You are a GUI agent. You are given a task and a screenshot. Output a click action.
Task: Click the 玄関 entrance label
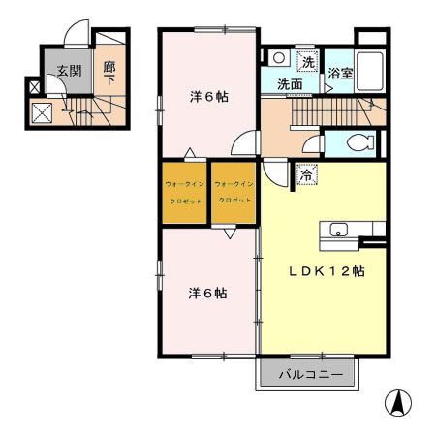point(67,71)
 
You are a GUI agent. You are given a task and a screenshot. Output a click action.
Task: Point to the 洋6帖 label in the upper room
point(207,97)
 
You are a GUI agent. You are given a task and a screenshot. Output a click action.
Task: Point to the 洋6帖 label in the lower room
point(207,292)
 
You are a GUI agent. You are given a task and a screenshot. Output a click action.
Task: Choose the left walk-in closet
point(184,191)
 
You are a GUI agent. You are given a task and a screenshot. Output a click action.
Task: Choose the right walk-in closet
point(234,191)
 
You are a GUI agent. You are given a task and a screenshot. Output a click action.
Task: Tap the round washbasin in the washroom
point(276,58)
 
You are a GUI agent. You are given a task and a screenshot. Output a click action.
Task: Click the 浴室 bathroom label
point(340,74)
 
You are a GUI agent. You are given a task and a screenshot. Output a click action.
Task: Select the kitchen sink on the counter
point(340,230)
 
